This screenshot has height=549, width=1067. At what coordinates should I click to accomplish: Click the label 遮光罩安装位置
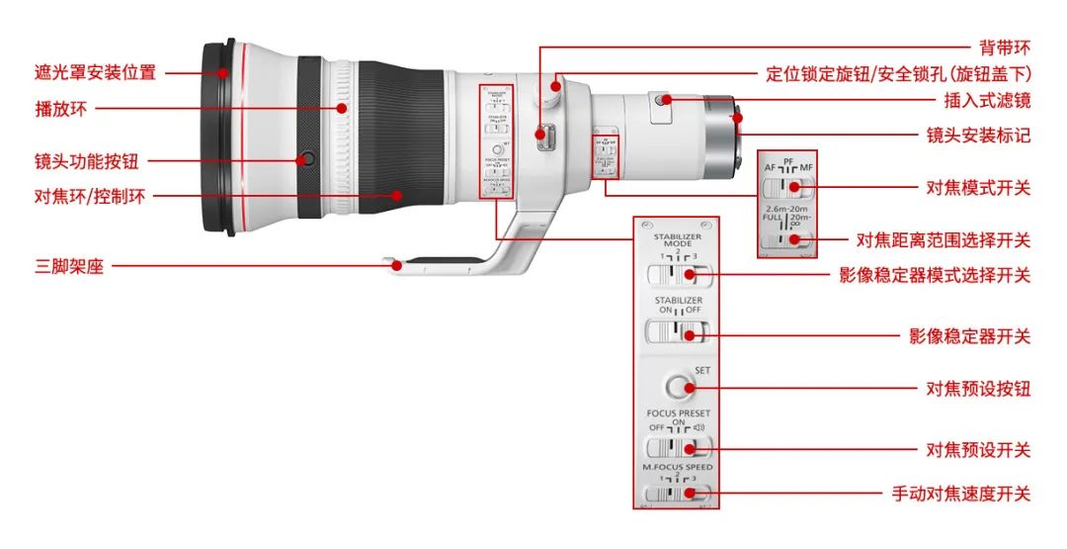(95, 72)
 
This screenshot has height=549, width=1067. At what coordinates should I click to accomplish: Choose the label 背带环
(1004, 46)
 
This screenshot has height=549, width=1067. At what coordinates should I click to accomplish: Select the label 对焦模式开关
(977, 186)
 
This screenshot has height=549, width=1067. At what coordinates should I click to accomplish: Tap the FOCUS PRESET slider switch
(677, 447)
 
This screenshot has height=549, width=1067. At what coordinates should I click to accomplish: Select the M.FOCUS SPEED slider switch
(677, 492)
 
